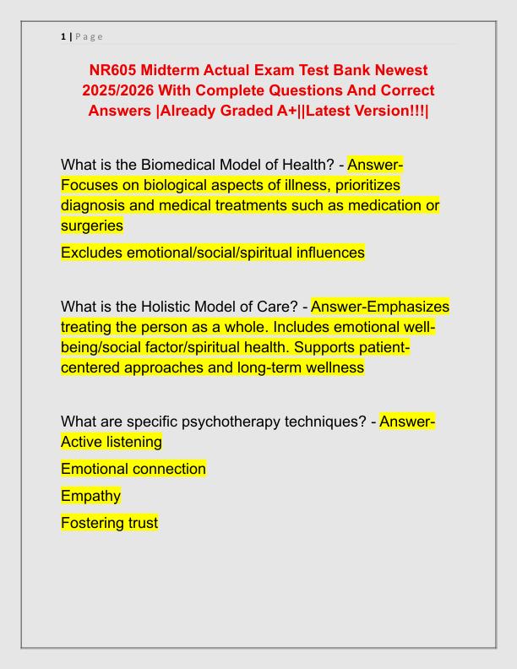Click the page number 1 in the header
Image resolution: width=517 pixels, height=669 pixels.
(63, 36)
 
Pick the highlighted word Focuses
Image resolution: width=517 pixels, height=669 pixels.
(89, 184)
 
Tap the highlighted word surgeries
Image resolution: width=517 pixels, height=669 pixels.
(92, 226)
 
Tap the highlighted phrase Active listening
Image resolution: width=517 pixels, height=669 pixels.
(112, 442)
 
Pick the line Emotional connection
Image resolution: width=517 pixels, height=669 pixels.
(133, 469)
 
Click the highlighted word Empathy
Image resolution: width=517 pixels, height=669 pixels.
(90, 496)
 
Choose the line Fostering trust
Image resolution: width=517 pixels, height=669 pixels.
(109, 523)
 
